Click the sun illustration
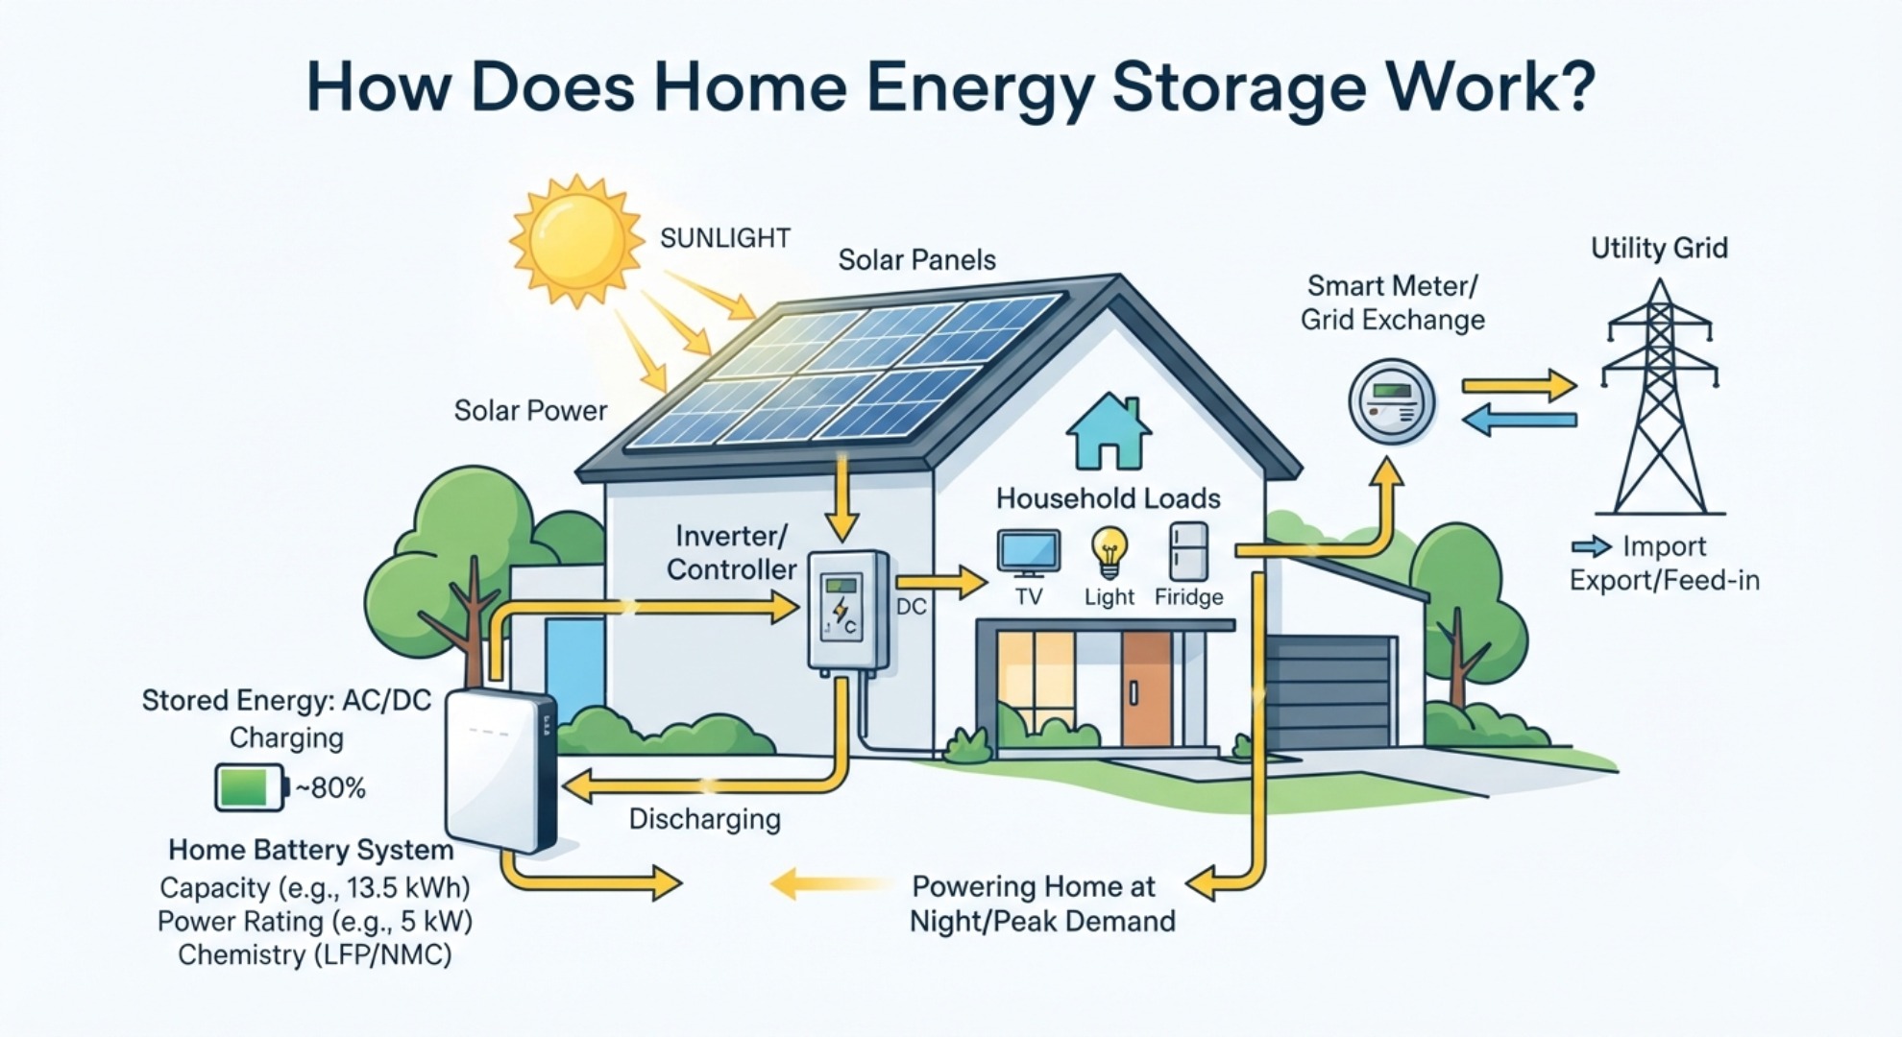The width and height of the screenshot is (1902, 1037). tap(576, 240)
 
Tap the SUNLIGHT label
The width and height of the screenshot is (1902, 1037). tap(725, 238)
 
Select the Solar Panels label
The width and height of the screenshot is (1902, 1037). tap(916, 260)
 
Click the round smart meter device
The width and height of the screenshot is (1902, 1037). tap(1392, 402)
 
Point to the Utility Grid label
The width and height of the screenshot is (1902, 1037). tap(1659, 249)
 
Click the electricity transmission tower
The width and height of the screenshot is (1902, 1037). tap(1659, 397)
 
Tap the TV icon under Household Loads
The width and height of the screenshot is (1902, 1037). tap(1029, 553)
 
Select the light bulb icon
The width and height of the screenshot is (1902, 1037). tap(1109, 552)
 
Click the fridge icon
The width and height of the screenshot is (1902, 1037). tap(1188, 551)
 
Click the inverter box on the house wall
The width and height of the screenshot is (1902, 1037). tap(847, 611)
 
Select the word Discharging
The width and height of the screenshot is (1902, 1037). tap(704, 820)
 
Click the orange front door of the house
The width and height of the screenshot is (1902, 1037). tap(1146, 688)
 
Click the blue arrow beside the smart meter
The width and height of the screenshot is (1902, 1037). tap(1519, 420)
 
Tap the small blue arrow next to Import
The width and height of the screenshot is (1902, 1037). tap(1592, 546)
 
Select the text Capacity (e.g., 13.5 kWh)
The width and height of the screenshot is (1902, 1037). tap(315, 887)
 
